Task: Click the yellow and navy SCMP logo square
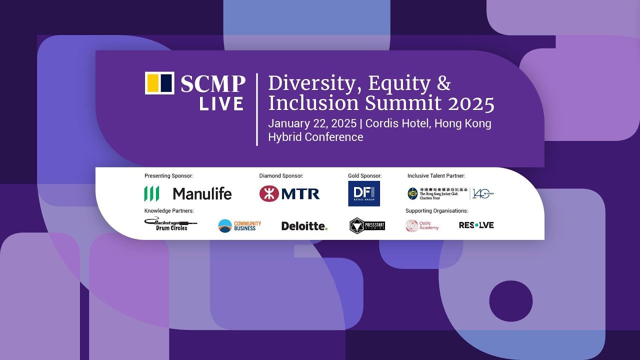(159, 83)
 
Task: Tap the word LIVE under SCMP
(221, 104)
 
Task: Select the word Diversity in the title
(311, 83)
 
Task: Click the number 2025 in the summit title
(471, 103)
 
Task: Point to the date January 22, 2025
(312, 123)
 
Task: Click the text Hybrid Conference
(315, 137)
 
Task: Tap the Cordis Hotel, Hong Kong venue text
(428, 123)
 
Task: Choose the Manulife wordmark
(202, 193)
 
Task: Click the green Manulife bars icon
(151, 193)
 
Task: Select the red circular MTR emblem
(268, 193)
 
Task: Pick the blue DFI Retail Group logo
(363, 193)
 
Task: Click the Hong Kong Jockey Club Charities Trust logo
(450, 193)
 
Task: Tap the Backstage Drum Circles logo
(170, 224)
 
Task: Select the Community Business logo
(239, 225)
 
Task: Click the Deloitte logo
(304, 226)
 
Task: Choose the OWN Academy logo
(422, 225)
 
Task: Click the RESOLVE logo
(476, 225)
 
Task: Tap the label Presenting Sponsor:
(168, 176)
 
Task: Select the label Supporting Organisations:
(436, 211)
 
